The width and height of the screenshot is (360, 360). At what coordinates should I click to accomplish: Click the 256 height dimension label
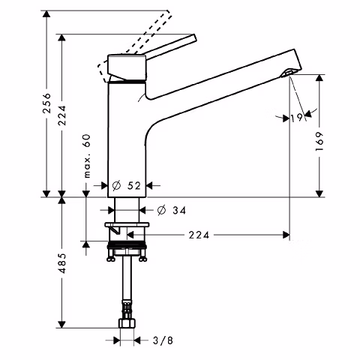[x=46, y=103]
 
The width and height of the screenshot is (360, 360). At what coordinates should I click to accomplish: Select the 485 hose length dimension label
[x=62, y=263]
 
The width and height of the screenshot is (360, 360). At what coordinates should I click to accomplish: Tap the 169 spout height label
[x=319, y=141]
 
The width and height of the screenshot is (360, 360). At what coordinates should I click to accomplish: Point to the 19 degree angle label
[x=297, y=118]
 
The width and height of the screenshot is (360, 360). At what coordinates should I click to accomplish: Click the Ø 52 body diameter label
[x=127, y=185]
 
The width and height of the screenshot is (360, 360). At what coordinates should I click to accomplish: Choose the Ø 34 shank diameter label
[x=172, y=210]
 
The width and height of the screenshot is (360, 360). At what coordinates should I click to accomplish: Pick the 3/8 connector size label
[x=163, y=340]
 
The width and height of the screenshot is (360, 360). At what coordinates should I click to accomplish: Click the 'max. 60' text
[x=87, y=156]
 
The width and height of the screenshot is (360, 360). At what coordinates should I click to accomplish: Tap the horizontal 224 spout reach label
[x=199, y=235]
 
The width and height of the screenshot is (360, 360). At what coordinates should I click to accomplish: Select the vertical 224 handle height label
[x=61, y=115]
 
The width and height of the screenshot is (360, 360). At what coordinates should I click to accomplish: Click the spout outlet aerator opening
[x=287, y=73]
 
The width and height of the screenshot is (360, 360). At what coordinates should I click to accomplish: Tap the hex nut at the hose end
[x=127, y=323]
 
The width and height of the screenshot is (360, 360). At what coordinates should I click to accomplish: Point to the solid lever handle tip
[x=194, y=37]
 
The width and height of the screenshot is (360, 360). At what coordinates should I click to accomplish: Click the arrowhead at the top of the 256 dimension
[x=46, y=14]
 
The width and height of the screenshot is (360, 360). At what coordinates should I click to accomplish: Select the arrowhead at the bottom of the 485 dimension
[x=61, y=325]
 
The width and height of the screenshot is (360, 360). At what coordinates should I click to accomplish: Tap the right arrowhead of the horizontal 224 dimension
[x=286, y=235]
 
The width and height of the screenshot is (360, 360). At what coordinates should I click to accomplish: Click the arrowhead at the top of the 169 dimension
[x=319, y=78]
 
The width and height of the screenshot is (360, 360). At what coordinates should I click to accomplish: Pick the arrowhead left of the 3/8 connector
[x=117, y=340]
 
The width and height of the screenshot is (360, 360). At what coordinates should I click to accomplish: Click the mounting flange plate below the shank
[x=127, y=225]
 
